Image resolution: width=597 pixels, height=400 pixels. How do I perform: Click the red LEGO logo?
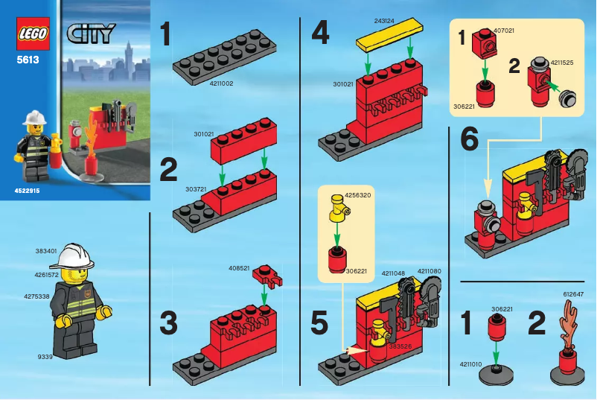[x=32, y=35]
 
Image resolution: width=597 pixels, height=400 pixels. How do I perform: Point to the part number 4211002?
[x=222, y=83]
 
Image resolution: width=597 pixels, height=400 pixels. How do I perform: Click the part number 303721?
[x=196, y=190]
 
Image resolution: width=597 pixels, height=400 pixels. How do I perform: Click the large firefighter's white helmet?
[x=75, y=257]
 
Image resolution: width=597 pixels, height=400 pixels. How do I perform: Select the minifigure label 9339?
[x=45, y=357]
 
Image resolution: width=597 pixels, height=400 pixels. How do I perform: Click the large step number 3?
[x=168, y=325]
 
